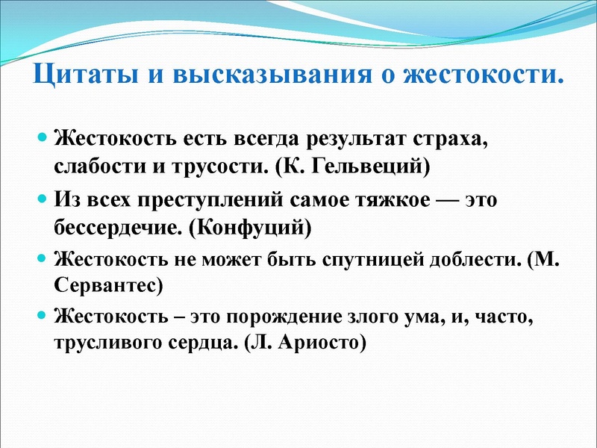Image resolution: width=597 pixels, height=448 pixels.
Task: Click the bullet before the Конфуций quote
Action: (43, 199)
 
